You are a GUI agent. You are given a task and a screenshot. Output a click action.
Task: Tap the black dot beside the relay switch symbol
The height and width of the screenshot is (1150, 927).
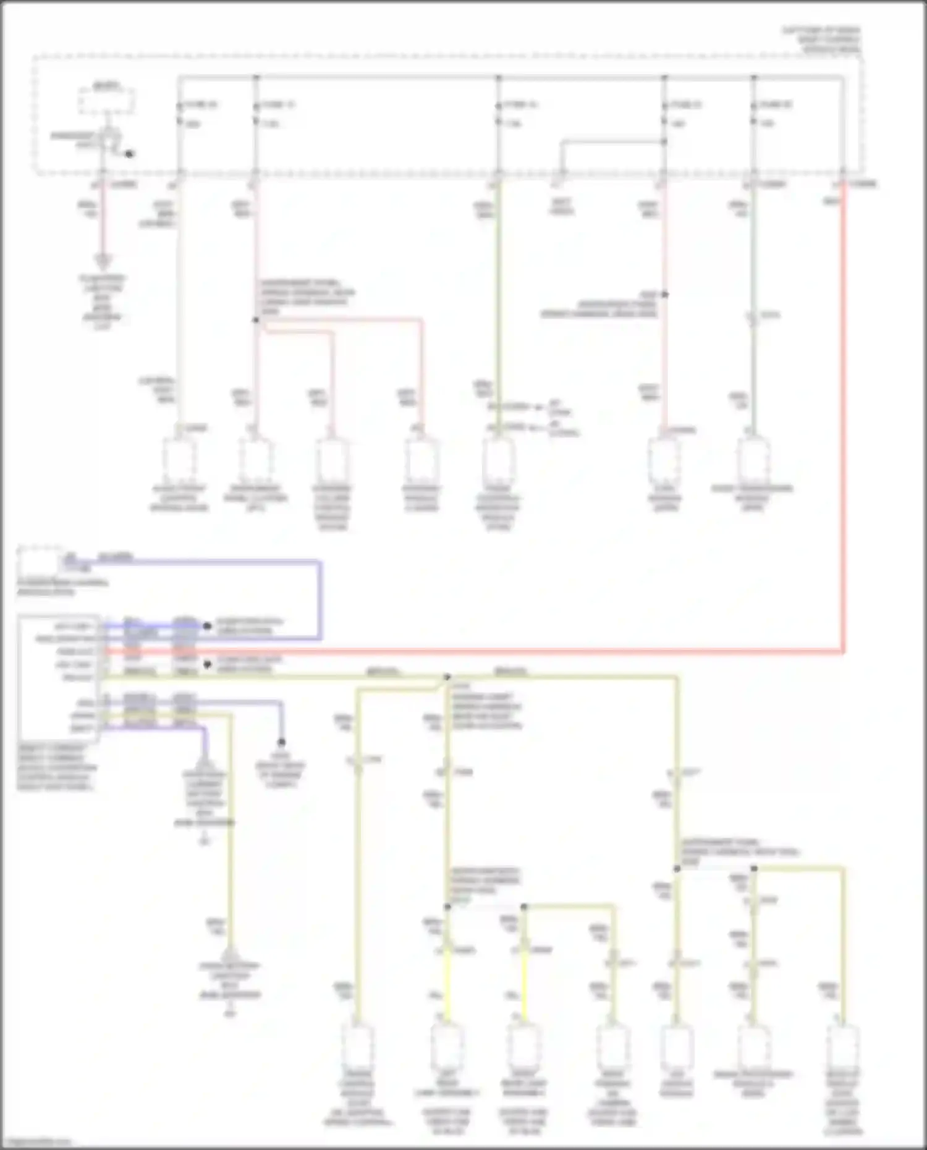coord(129,154)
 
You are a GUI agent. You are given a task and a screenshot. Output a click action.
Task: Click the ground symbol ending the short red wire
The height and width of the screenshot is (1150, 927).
coord(103,261)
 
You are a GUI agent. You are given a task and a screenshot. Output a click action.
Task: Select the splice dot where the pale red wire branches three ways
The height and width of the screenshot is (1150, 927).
coord(255,320)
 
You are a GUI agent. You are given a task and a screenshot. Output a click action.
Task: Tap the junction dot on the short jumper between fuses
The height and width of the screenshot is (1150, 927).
coord(664,142)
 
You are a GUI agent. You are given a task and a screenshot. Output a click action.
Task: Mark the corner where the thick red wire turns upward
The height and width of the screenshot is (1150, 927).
coord(843,650)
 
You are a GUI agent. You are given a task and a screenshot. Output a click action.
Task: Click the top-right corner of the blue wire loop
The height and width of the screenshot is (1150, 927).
coord(320,562)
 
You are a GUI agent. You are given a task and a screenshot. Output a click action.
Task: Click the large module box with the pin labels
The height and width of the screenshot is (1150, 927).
coord(59,677)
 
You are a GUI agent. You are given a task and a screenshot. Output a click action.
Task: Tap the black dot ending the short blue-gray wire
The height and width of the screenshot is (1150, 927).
coord(281,742)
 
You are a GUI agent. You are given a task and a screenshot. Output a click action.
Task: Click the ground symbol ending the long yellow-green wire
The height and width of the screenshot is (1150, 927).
coord(230,955)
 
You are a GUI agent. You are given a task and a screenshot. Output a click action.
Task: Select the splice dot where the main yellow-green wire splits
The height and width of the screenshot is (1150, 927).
coord(447,677)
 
